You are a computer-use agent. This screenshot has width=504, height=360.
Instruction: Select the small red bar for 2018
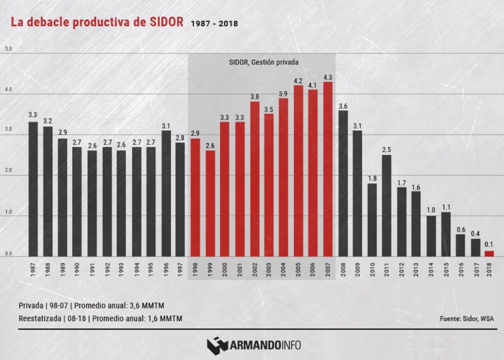[489, 253]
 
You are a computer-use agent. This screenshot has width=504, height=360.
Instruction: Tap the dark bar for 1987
[33, 189]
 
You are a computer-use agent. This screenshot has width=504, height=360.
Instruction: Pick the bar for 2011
[386, 205]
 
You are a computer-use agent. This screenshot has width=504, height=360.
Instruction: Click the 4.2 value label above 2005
[298, 81]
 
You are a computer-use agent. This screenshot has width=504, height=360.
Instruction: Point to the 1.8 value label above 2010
[372, 179]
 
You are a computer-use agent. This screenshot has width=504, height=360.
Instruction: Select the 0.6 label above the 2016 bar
[460, 229]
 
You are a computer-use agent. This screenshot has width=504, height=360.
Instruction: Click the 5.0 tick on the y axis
[8, 49]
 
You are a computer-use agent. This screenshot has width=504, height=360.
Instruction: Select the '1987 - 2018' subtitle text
[214, 24]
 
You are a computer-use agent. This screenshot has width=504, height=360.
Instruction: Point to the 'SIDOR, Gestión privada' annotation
[263, 62]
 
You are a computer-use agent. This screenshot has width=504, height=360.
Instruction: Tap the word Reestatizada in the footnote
[41, 318]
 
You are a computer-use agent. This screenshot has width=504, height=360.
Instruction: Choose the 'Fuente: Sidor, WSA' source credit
[466, 318]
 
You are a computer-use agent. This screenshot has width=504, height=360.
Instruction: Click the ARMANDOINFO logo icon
[217, 344]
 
